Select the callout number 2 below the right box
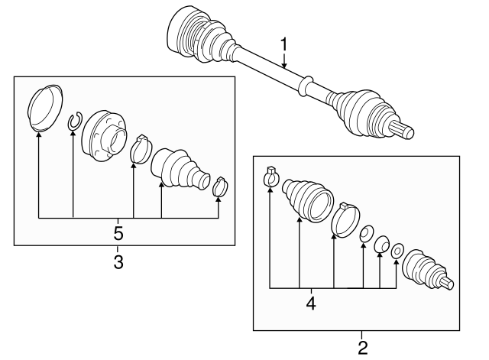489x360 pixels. coord(362,348)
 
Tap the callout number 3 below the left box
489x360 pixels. coord(118,262)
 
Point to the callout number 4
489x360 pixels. coord(310,303)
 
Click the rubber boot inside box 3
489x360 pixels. coord(177,167)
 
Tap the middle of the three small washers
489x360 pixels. coord(381,243)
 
